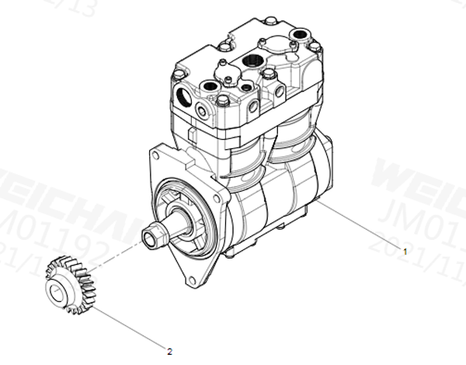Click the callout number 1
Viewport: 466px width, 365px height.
(x=404, y=250)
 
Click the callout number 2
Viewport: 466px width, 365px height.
(x=169, y=350)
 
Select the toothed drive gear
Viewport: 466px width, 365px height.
(x=70, y=285)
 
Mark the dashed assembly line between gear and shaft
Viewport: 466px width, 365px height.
(x=116, y=255)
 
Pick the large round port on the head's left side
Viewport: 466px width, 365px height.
(x=184, y=97)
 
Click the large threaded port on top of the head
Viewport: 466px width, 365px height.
(x=251, y=61)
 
